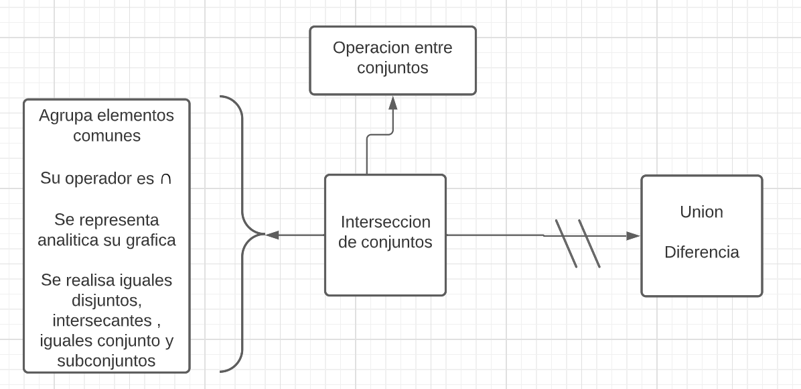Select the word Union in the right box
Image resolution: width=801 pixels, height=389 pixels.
(x=701, y=212)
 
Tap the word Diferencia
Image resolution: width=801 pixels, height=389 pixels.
(x=701, y=252)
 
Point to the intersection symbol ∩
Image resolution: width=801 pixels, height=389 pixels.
(x=165, y=179)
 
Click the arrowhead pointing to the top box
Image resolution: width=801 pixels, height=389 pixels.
(x=392, y=103)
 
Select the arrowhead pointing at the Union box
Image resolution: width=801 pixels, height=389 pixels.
(x=632, y=235)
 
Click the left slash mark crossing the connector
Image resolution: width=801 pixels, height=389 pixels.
(x=566, y=243)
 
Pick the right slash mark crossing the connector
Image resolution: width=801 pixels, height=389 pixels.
(x=589, y=243)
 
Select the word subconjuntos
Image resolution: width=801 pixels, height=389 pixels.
(x=106, y=361)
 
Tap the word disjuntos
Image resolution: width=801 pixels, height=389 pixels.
(x=106, y=300)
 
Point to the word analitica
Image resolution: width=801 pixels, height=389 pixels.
(x=70, y=240)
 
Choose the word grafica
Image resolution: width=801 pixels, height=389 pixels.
(x=151, y=240)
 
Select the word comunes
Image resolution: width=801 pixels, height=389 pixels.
(x=106, y=135)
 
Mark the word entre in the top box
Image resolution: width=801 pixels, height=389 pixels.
(x=433, y=48)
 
